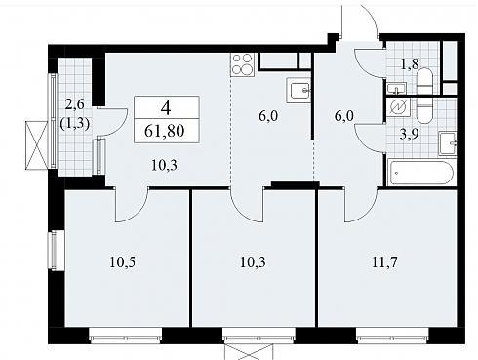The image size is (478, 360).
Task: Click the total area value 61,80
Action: [165, 131]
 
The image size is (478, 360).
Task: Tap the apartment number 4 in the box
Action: [166, 108]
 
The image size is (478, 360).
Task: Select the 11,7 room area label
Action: [384, 261]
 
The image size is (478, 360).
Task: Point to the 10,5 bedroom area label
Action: [122, 262]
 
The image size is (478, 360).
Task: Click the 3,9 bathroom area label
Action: [409, 134]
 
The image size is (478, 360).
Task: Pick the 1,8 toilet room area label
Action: [410, 64]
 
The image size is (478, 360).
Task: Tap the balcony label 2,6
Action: [74, 104]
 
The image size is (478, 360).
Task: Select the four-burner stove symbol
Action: [243, 64]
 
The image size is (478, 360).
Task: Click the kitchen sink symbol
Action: [299, 91]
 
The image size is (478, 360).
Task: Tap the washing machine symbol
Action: [398, 107]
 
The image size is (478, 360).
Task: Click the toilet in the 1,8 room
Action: [424, 81]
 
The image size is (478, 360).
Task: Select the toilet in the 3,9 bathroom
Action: [424, 110]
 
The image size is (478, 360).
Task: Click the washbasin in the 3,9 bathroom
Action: [448, 143]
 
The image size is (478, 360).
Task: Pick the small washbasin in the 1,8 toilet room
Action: [396, 88]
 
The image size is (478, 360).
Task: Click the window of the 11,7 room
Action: [392, 335]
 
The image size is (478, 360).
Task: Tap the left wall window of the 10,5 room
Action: [53, 250]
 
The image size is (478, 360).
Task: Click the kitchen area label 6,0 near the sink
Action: [268, 116]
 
